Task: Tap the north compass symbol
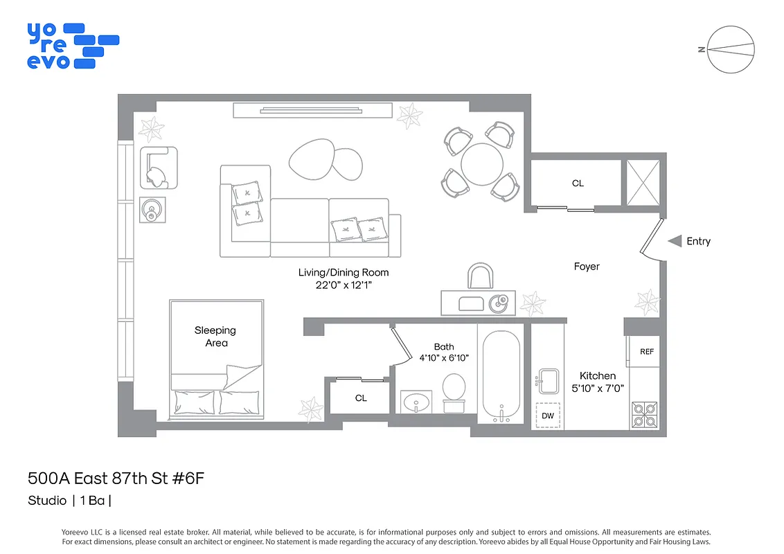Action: pyautogui.click(x=731, y=49)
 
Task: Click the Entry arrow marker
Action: pyautogui.click(x=675, y=241)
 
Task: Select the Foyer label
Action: pyautogui.click(x=587, y=267)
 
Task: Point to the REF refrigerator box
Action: pyautogui.click(x=646, y=352)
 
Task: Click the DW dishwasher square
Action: pyautogui.click(x=547, y=415)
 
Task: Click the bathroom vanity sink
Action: pyautogui.click(x=416, y=402)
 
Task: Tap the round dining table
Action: pyautogui.click(x=482, y=164)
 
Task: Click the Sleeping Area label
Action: pyautogui.click(x=215, y=337)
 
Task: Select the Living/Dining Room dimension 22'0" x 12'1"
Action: pyautogui.click(x=344, y=285)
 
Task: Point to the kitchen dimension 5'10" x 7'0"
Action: pyautogui.click(x=598, y=388)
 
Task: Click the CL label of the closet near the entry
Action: pyautogui.click(x=578, y=184)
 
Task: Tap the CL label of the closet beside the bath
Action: pyautogui.click(x=361, y=398)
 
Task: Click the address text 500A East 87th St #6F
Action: pyautogui.click(x=116, y=479)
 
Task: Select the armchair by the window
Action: pyautogui.click(x=158, y=168)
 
